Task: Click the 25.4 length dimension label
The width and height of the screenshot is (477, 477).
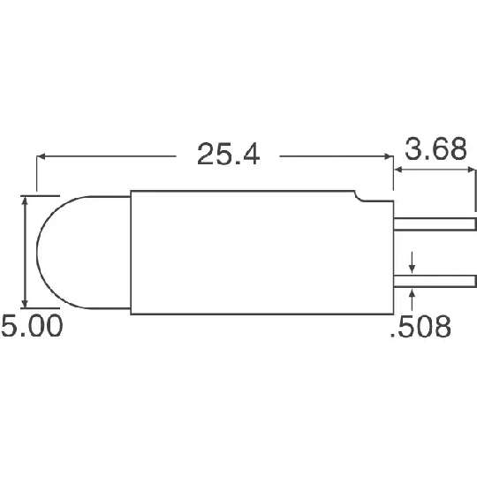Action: tap(229, 155)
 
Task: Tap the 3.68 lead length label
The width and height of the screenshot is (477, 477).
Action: tap(435, 148)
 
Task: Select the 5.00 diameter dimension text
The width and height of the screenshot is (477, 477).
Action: tap(32, 325)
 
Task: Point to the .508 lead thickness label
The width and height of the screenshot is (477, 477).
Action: tap(420, 326)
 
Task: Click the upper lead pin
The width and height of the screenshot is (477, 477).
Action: tap(435, 224)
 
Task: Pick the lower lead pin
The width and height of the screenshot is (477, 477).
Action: tap(435, 281)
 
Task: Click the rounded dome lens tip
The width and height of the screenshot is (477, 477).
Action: tap(37, 252)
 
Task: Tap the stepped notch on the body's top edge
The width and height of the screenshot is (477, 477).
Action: tap(359, 196)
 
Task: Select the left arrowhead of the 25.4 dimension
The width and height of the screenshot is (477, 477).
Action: tap(41, 156)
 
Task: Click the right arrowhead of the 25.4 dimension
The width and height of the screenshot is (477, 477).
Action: tap(390, 156)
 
